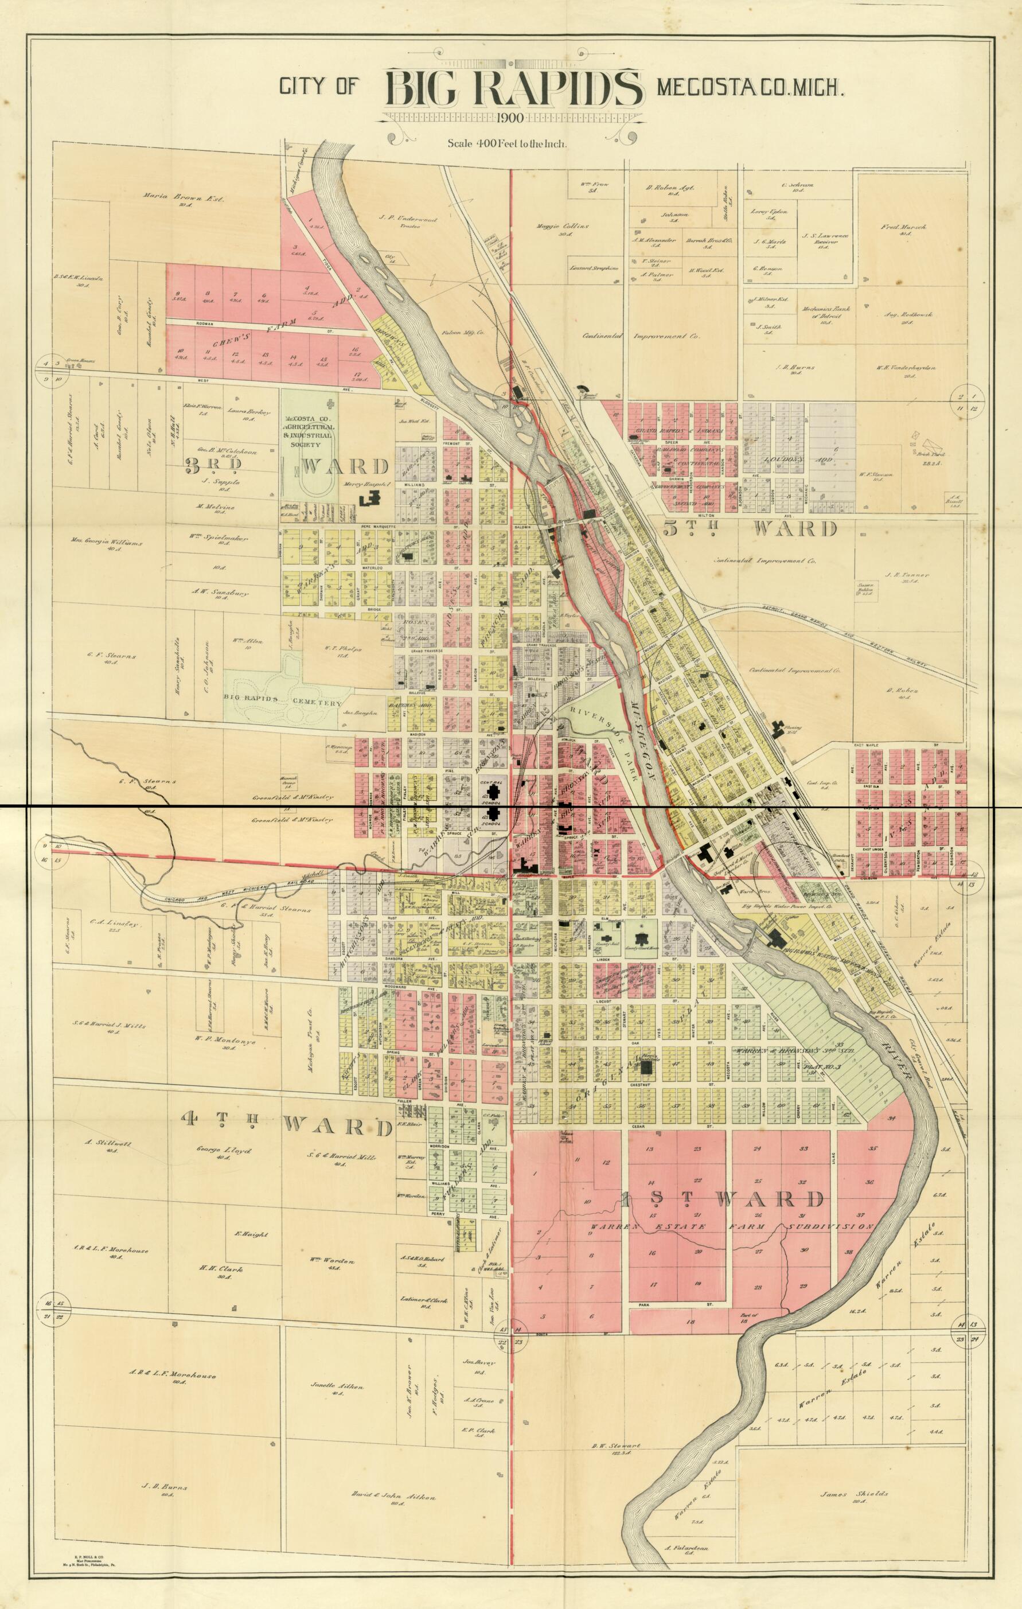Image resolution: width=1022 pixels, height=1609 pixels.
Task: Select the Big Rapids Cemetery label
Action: (283, 703)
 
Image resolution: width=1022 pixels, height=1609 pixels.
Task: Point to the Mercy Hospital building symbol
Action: (370, 497)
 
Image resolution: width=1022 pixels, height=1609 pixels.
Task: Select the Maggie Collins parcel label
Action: (562, 227)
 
